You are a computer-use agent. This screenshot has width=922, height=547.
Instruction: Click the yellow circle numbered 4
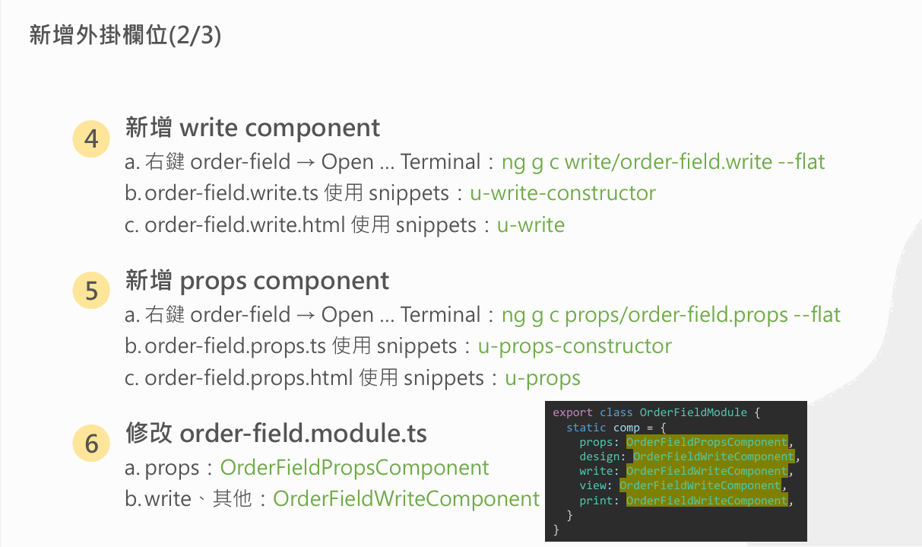[91, 138]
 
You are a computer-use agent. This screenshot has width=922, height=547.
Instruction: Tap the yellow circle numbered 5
[91, 291]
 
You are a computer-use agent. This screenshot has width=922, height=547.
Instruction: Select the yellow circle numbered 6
[91, 444]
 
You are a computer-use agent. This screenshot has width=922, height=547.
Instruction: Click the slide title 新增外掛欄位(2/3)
[125, 35]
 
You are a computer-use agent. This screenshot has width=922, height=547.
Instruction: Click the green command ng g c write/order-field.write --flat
[663, 161]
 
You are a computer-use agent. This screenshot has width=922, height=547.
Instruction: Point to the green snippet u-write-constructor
[562, 192]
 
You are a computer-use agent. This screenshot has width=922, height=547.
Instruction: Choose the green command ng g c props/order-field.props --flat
[671, 315]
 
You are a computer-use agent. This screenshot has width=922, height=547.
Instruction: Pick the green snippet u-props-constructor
[575, 346]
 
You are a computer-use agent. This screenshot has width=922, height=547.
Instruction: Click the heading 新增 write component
[252, 128]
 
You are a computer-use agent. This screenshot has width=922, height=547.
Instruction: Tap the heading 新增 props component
[257, 281]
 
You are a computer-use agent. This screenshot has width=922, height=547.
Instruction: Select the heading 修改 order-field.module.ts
[276, 434]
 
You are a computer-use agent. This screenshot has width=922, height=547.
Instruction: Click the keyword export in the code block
[572, 412]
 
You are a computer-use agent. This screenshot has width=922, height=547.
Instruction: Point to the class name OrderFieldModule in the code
[693, 412]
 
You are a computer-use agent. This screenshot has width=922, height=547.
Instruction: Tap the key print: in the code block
[599, 501]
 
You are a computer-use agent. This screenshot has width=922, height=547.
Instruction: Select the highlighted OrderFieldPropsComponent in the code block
[707, 442]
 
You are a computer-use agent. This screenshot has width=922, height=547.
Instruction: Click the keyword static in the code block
[586, 428]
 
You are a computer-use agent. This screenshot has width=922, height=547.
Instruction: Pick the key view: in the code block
[596, 485]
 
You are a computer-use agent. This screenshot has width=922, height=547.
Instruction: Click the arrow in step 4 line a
[306, 162]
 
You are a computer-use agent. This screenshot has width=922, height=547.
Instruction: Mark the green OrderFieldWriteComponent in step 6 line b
[406, 499]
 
